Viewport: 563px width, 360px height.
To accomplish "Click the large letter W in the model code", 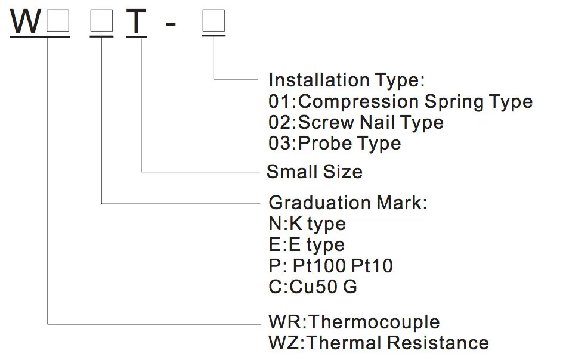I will (x=26, y=21).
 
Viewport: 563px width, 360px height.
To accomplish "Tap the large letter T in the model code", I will (x=137, y=21).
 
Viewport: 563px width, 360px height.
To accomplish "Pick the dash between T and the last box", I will (x=170, y=24).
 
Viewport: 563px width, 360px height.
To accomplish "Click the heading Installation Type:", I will (x=347, y=80).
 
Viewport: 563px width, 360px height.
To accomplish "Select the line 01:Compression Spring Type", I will (x=400, y=101).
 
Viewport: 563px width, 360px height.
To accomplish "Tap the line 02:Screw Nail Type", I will (x=356, y=123).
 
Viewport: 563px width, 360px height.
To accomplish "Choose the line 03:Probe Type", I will (x=335, y=144).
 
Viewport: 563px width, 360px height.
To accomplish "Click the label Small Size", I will (x=314, y=172).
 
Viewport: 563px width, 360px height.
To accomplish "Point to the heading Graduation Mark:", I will (x=348, y=203).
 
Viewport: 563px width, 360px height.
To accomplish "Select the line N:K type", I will (x=307, y=224).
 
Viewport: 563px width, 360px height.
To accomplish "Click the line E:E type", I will (x=307, y=245).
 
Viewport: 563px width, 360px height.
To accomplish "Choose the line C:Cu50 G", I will (x=313, y=287).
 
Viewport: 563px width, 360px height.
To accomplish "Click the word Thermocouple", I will (x=375, y=322).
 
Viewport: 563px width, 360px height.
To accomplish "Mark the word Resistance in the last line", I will (x=438, y=343).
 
